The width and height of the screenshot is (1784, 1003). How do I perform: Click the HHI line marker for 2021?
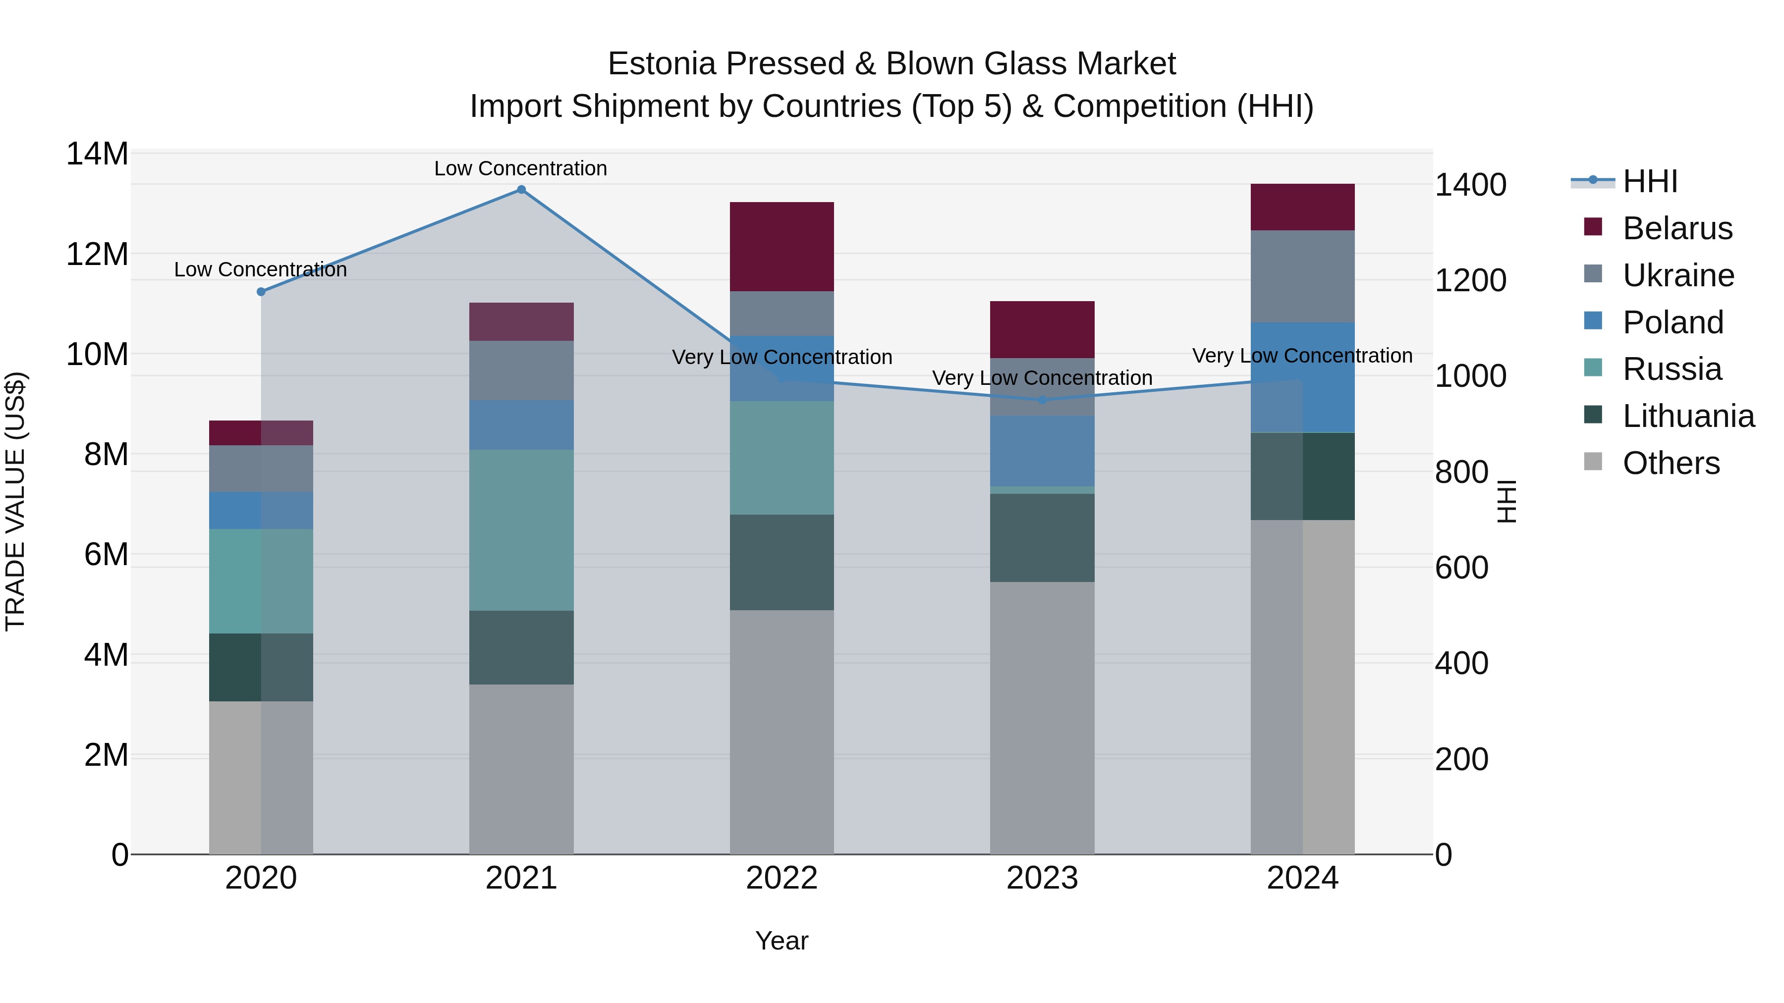521,190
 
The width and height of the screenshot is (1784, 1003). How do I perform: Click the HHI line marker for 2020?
261,292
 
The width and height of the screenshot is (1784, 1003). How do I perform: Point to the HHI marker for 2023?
1042,400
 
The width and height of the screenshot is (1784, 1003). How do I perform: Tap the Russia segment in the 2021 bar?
521,530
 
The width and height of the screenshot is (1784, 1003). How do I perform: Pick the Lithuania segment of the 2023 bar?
1042,538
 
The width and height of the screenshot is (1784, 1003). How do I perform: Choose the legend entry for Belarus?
1676,228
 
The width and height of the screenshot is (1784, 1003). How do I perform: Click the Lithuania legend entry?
1688,416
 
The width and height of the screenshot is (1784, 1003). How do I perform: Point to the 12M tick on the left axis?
97,254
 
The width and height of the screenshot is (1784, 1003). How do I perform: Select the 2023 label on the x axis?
1042,878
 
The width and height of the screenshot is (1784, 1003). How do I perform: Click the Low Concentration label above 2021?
520,168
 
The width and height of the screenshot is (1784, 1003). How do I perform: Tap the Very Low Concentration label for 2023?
1042,378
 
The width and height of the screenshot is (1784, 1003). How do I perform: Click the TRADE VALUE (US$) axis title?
15,501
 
